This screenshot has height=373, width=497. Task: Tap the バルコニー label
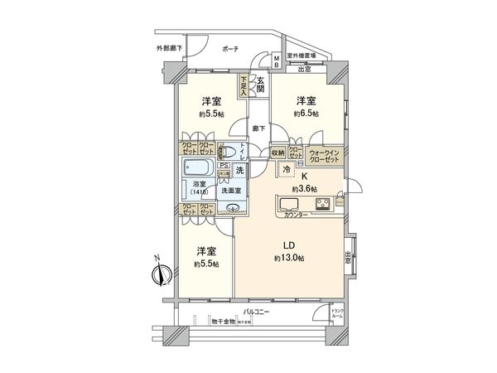(x=254, y=312)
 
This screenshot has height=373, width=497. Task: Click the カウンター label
(x=295, y=216)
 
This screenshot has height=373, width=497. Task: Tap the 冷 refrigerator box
(x=287, y=168)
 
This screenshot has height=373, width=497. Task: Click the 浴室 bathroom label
(x=199, y=185)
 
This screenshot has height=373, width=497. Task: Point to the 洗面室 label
(x=229, y=190)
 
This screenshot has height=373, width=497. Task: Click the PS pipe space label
(x=222, y=164)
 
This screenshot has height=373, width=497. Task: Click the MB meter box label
(x=277, y=61)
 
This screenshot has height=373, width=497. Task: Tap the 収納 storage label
(x=277, y=153)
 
